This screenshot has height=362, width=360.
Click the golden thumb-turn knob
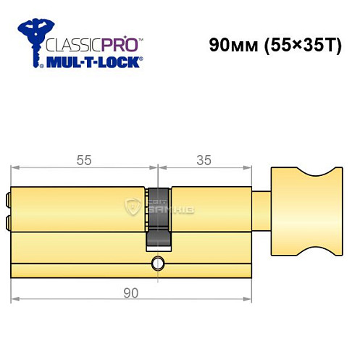tap(304, 210)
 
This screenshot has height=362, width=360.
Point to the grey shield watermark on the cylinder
tap(133, 207)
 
